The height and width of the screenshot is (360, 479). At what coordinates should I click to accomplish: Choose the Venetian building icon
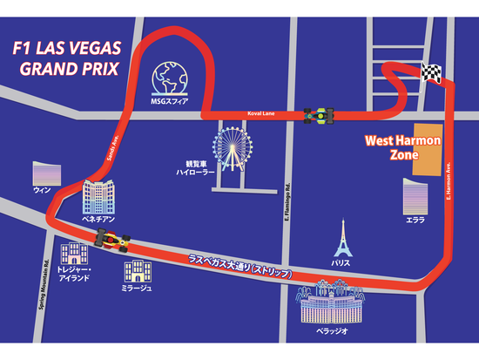(98, 200)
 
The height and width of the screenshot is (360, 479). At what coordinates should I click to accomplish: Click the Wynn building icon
(44, 173)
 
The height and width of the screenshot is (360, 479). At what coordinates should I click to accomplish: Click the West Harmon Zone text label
(402, 146)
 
